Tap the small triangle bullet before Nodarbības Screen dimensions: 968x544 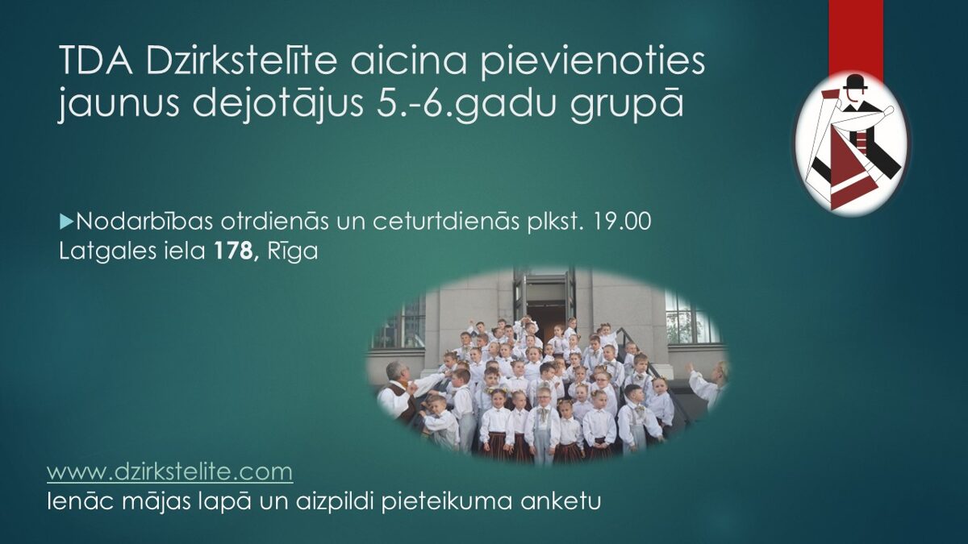(66, 222)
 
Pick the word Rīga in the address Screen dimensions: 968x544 (293, 252)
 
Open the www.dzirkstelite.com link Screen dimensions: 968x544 (170, 472)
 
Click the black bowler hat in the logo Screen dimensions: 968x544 (855, 82)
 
